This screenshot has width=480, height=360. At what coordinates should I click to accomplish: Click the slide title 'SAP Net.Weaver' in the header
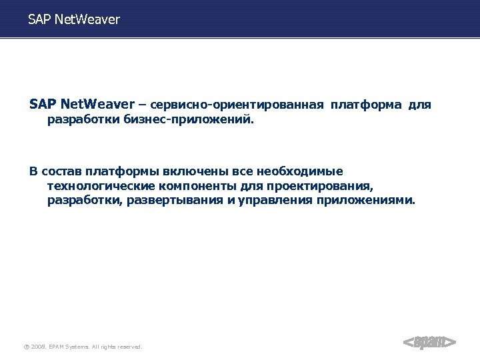pos(74,19)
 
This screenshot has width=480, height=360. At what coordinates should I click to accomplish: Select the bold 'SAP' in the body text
pos(43,105)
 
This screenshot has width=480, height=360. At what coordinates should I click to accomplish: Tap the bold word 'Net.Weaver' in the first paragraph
pos(97,105)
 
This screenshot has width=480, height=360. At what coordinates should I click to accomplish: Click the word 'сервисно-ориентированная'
pos(238,105)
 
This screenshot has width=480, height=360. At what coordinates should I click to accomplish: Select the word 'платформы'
pos(120,171)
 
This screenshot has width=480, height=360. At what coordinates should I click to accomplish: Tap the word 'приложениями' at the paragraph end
pos(365,200)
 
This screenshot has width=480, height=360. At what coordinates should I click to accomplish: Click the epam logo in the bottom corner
pos(429,343)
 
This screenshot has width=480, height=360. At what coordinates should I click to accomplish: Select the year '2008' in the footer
pos(38,347)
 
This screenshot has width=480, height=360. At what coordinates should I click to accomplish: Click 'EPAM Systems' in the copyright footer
pos(69,347)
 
